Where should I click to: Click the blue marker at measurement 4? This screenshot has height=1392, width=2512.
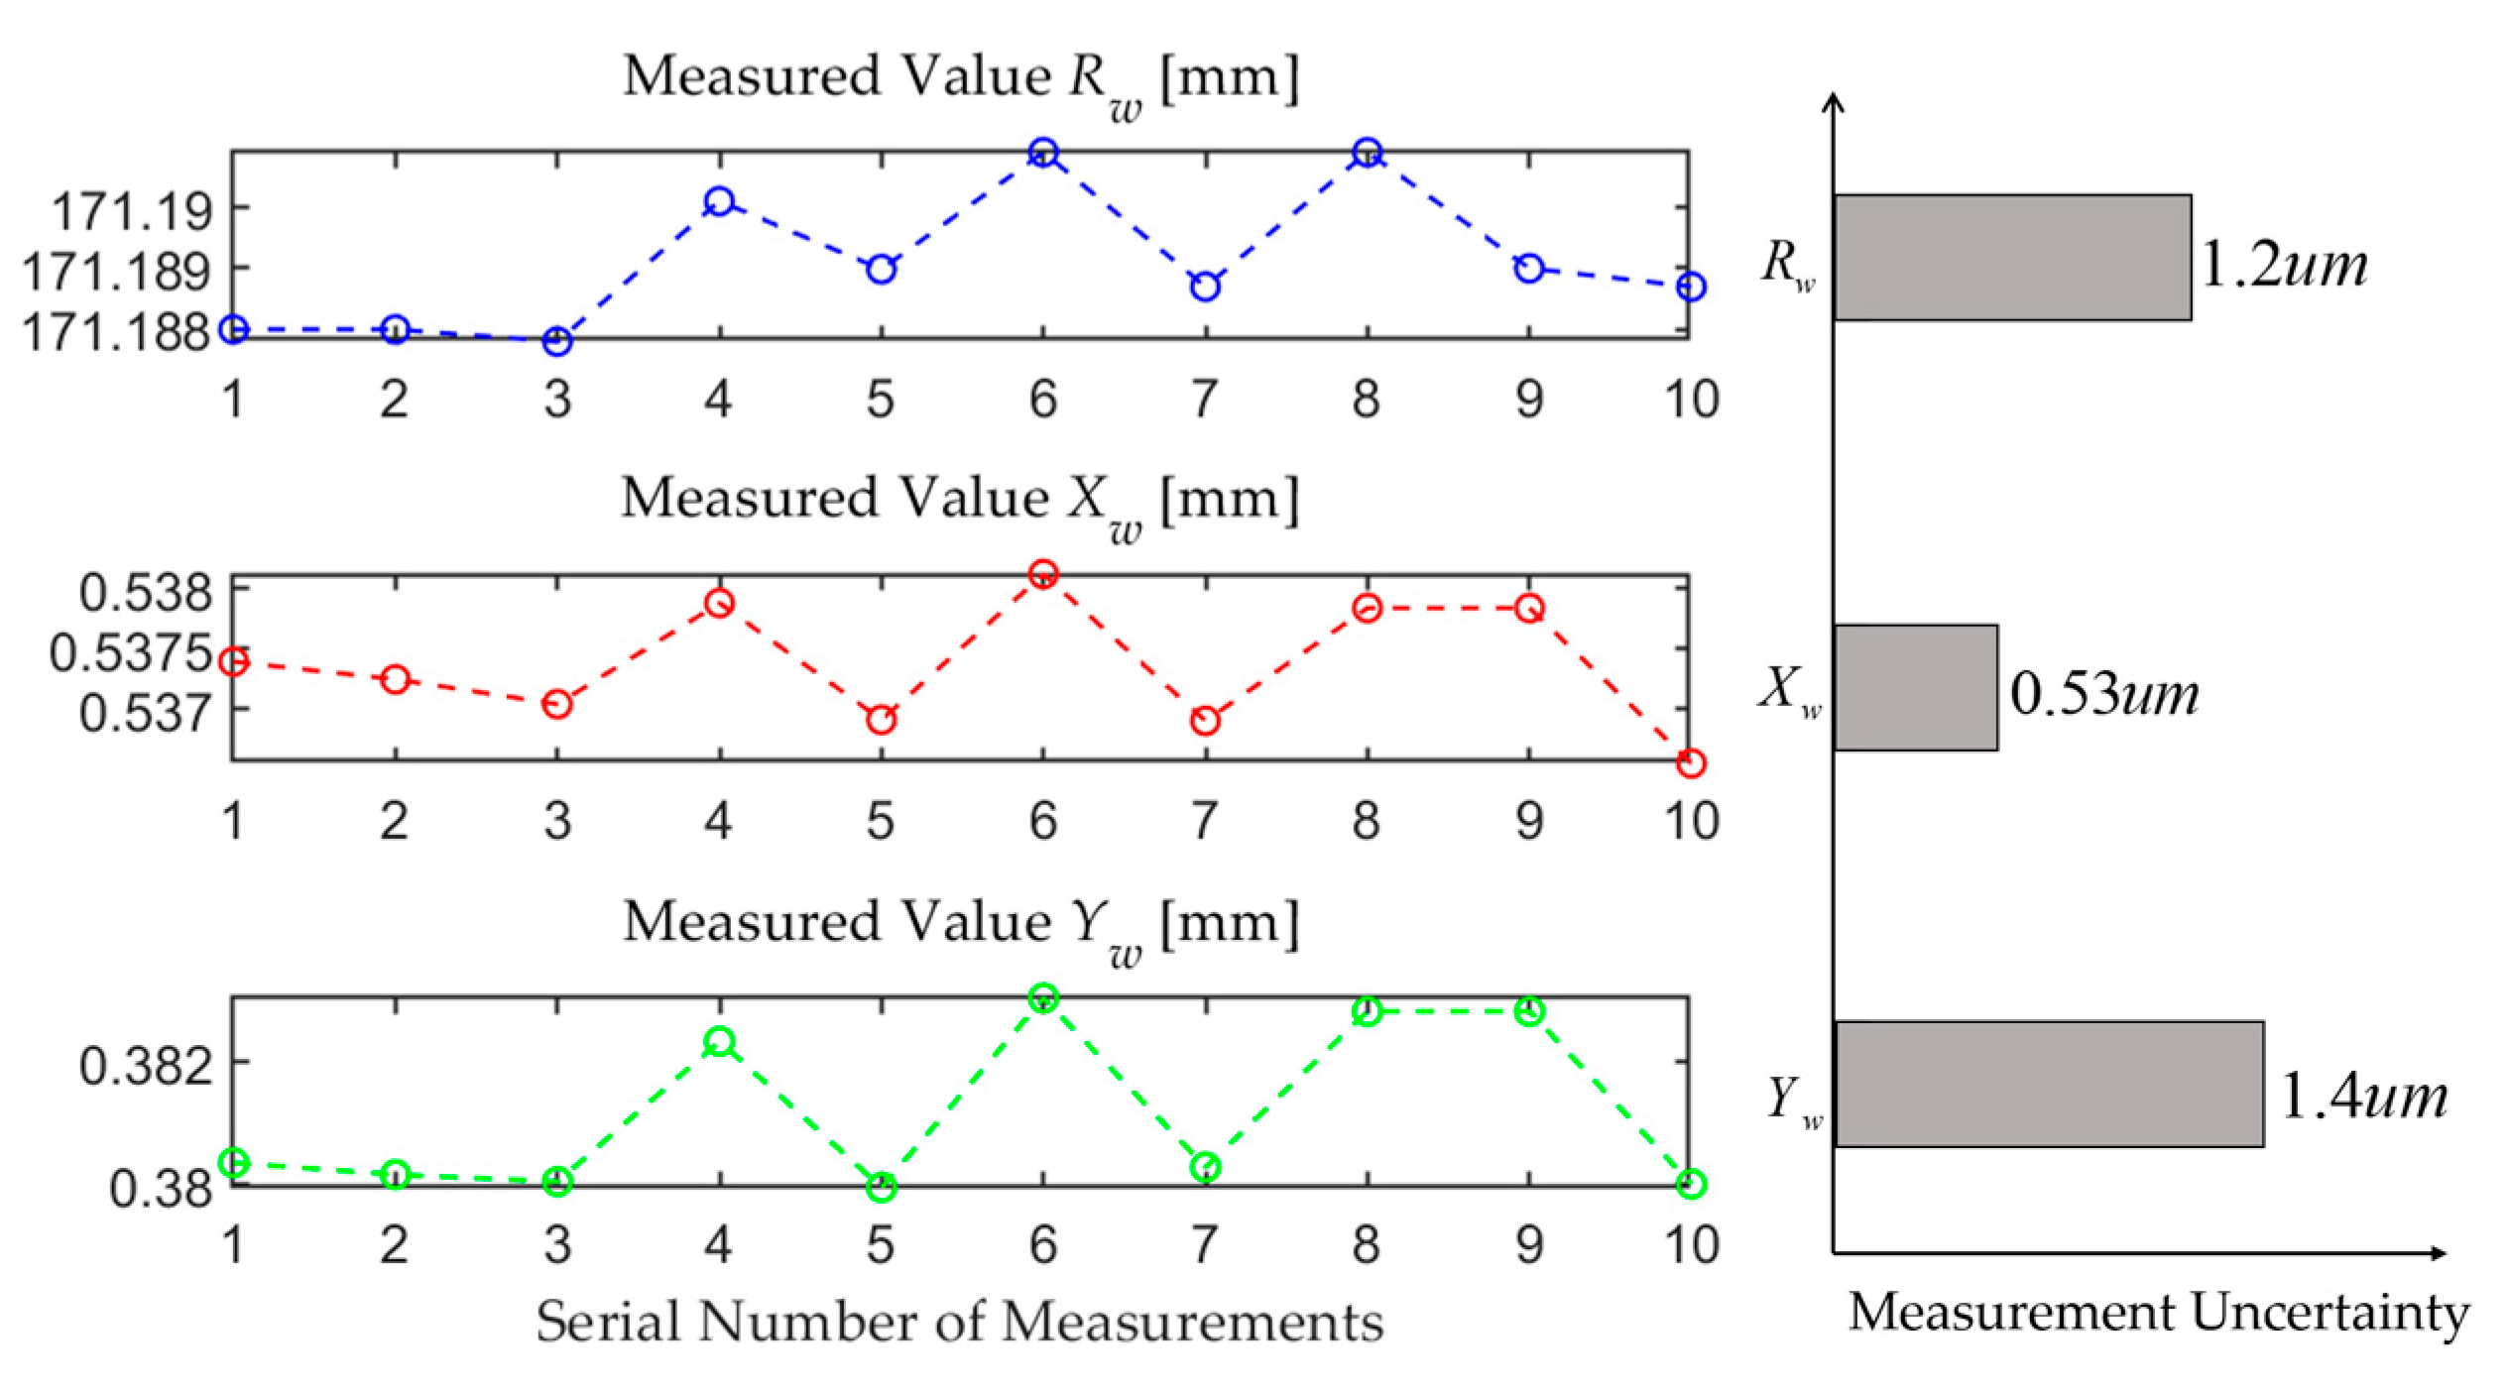click(x=719, y=202)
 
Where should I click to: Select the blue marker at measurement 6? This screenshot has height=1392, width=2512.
click(x=1042, y=153)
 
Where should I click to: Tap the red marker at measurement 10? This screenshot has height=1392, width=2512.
click(x=1691, y=762)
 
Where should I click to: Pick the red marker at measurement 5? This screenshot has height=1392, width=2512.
click(x=881, y=720)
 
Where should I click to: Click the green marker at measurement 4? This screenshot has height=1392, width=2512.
click(x=719, y=1042)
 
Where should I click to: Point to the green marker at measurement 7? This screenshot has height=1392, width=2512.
click(x=1205, y=1167)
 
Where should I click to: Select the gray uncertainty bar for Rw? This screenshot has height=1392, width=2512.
click(x=2011, y=258)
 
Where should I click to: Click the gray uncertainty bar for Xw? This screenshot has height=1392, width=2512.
click(x=1915, y=687)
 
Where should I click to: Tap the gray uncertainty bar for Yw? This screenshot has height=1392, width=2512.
click(x=2049, y=1085)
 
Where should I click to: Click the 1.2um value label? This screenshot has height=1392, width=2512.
click(x=2283, y=266)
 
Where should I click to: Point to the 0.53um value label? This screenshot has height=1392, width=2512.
click(x=2103, y=693)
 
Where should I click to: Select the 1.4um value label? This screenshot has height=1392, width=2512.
click(x=2363, y=1097)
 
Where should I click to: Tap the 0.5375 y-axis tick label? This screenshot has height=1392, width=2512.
click(x=131, y=653)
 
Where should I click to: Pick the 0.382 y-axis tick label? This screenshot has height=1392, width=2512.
click(x=146, y=1066)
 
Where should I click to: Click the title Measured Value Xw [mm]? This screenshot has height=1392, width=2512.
click(x=959, y=501)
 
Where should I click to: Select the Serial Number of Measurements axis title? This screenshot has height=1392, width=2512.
click(x=959, y=1322)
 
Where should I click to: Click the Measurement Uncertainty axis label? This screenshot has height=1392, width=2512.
click(x=2158, y=1313)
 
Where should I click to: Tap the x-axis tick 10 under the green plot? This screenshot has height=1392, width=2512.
click(x=1690, y=1244)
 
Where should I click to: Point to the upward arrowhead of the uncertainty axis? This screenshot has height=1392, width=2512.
click(x=1834, y=101)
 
